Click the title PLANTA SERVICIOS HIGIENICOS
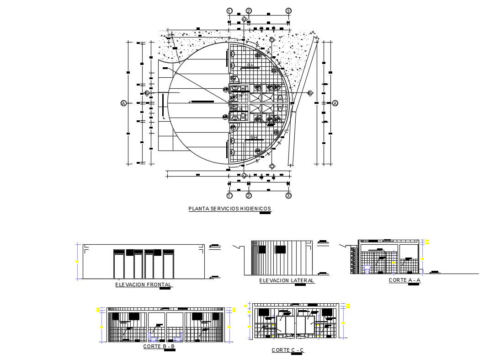tap(230, 209)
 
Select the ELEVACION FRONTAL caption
tap(143, 285)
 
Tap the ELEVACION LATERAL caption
tap(287, 280)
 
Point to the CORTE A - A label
tap(404, 279)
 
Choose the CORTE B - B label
tap(159, 346)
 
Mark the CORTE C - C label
tap(287, 350)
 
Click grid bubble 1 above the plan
tap(229, 11)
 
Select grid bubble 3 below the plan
tap(288, 195)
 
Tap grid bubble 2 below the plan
tap(249, 195)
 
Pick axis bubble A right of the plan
tap(335, 103)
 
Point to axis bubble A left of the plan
tap(123, 104)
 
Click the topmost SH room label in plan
tap(250, 65)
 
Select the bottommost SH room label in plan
tap(253, 138)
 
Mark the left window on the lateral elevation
tap(262, 249)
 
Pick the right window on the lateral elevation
tap(280, 249)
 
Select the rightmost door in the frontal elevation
tap(169, 265)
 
